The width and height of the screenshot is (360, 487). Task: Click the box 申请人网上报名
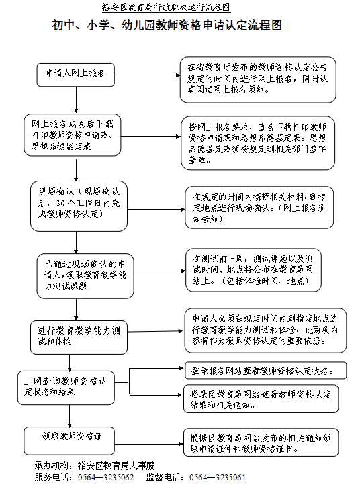click(75, 75)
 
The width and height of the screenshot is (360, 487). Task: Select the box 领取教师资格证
click(69, 441)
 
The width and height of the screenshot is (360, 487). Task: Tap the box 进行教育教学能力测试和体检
click(79, 338)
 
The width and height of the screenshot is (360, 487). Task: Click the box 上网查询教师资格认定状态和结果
click(66, 388)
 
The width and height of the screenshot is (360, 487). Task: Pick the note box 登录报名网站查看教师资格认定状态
click(265, 371)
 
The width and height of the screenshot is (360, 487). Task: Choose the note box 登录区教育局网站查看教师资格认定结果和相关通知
click(261, 399)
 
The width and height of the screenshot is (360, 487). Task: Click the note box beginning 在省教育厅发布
click(258, 80)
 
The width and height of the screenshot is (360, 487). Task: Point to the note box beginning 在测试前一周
click(253, 270)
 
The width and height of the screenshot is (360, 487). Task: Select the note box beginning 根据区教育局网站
click(261, 443)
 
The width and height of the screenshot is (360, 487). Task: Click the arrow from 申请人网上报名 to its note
click(147, 75)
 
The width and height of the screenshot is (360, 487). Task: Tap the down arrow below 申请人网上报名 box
click(76, 100)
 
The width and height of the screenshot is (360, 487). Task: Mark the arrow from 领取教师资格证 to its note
click(149, 444)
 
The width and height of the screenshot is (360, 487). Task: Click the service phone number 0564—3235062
click(105, 478)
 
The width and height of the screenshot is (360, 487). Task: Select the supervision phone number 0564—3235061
click(218, 478)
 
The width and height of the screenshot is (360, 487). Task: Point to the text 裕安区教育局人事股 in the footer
click(116, 466)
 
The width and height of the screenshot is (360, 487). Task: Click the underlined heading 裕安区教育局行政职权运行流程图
click(166, 7)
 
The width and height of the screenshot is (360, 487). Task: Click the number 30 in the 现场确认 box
click(60, 203)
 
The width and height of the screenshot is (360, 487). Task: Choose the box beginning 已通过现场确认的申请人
click(85, 276)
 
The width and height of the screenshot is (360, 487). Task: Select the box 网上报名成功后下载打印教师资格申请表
click(73, 135)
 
